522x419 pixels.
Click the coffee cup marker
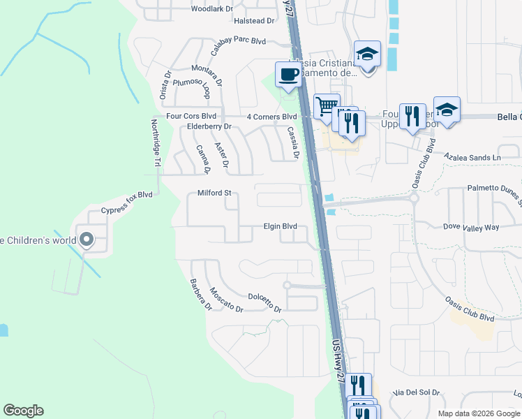pyautogui.click(x=288, y=74)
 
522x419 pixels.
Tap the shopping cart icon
pyautogui.click(x=326, y=106)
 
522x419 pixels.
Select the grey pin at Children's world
pyautogui.click(x=87, y=240)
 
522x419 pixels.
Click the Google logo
pyautogui.click(x=23, y=411)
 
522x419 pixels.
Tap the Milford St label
pyautogui.click(x=214, y=193)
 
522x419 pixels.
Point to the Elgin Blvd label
pyautogui.click(x=280, y=226)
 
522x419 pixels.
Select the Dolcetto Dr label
pyautogui.click(x=264, y=304)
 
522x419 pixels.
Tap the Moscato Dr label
pyautogui.click(x=226, y=300)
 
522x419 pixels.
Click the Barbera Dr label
pyautogui.click(x=200, y=295)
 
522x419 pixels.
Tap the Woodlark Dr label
pyautogui.click(x=212, y=8)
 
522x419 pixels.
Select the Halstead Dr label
pyautogui.click(x=254, y=21)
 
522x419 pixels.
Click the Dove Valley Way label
pyautogui.click(x=472, y=227)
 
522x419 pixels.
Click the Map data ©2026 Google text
pyautogui.click(x=478, y=413)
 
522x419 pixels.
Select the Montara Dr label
pyautogui.click(x=207, y=74)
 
